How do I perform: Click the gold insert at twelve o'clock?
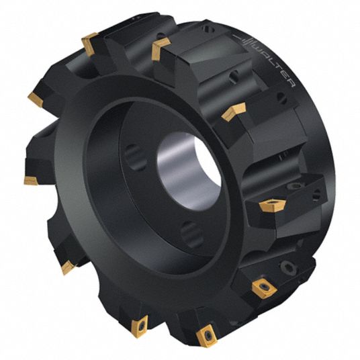click(x=160, y=48)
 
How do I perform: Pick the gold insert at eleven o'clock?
click(x=90, y=44)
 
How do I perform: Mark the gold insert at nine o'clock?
click(x=30, y=180)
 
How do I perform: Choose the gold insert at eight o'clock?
click(x=68, y=267)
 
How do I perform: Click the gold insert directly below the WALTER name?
click(x=234, y=111)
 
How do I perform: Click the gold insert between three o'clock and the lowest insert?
click(x=264, y=289)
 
